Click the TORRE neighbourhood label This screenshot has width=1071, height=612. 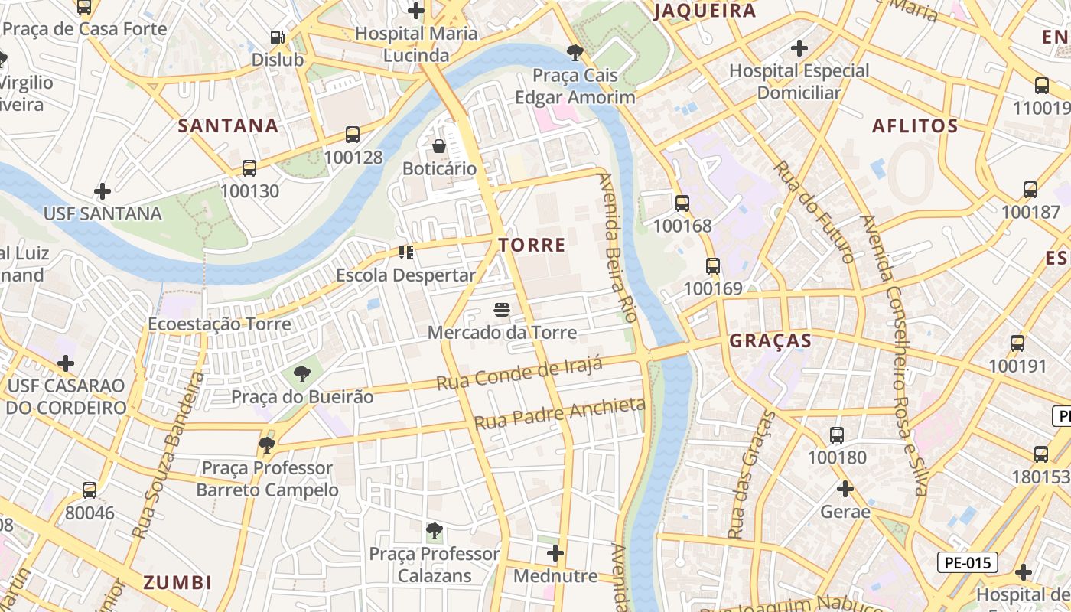(x=532, y=245)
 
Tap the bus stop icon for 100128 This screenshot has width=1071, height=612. (x=353, y=135)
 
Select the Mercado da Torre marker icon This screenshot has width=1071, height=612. (x=502, y=310)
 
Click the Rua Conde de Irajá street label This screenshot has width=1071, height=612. (x=519, y=373)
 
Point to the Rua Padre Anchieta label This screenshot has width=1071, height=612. (x=559, y=413)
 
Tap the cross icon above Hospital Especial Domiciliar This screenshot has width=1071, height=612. (x=799, y=48)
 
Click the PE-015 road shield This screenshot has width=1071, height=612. (x=968, y=563)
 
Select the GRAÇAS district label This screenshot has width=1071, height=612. (x=770, y=340)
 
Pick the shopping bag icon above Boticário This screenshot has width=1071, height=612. (x=439, y=146)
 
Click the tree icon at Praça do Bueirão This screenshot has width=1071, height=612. (x=302, y=374)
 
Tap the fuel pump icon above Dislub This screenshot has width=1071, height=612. (x=278, y=37)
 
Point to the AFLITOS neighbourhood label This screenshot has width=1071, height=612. (x=915, y=126)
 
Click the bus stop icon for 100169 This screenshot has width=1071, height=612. (x=713, y=266)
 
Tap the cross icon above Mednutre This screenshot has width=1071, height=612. (x=555, y=552)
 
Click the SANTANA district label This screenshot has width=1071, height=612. (x=228, y=125)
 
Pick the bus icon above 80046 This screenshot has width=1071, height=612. (x=90, y=490)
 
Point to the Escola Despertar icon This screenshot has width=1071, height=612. (x=406, y=252)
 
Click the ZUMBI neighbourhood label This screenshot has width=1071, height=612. (x=177, y=582)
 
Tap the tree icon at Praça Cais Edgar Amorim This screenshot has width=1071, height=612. (x=575, y=53)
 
